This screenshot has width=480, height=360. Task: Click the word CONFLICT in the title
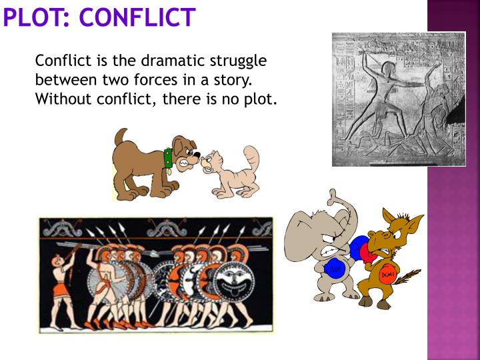(137, 16)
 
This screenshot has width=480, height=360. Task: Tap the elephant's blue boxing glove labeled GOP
(335, 269)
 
